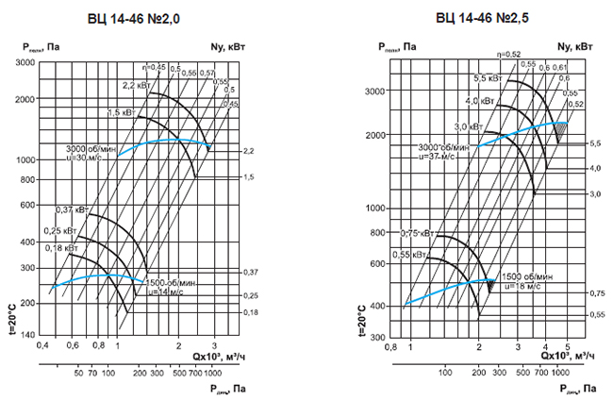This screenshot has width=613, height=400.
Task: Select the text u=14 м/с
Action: coord(169,292)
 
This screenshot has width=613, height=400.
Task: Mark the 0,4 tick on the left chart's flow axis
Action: coord(42,347)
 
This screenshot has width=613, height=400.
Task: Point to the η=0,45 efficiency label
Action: coord(155,67)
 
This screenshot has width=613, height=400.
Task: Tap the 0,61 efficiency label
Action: coord(561,67)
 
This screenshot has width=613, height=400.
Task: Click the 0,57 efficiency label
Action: coord(208,73)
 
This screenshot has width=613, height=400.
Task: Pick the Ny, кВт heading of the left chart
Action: coord(216,45)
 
